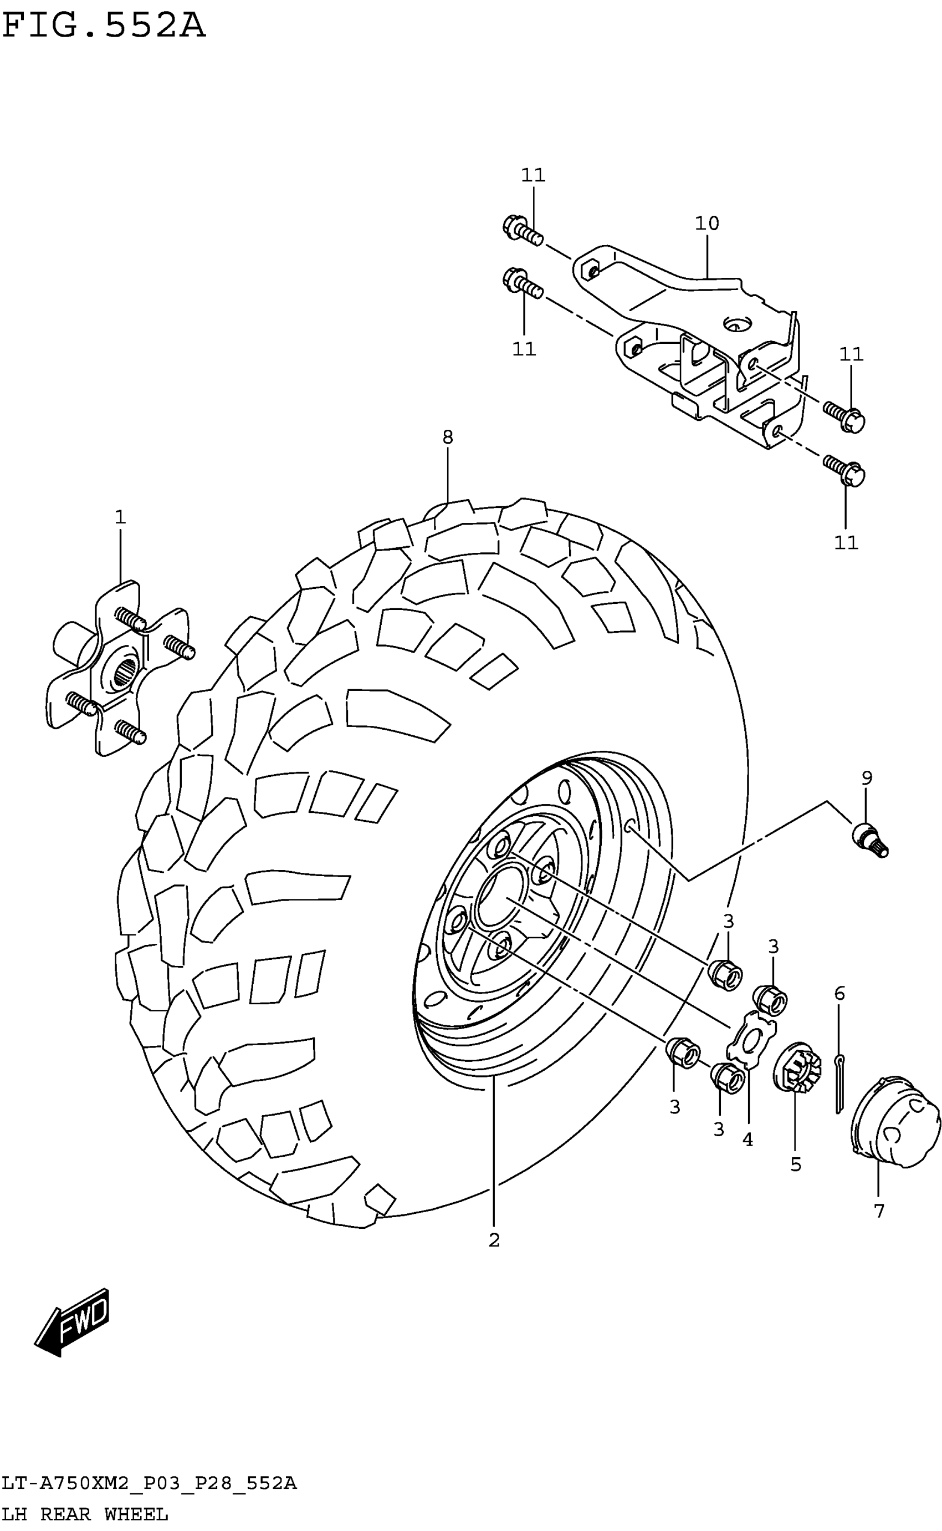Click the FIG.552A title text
(104, 26)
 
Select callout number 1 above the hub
(120, 517)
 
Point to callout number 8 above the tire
(447, 438)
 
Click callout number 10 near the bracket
(706, 223)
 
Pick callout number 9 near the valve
(867, 778)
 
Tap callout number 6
(839, 994)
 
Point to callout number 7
(878, 1210)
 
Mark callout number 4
(748, 1140)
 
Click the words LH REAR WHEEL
(85, 1514)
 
